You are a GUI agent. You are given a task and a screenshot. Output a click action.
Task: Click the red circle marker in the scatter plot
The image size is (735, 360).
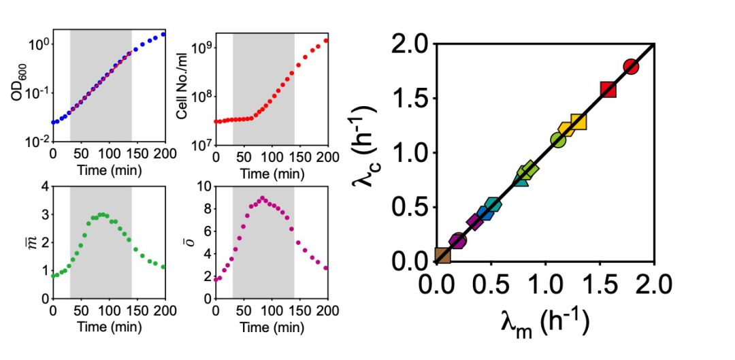tap(631, 66)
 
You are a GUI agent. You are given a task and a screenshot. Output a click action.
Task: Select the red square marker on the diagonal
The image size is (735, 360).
tap(608, 89)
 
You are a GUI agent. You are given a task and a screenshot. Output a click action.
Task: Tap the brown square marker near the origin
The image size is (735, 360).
tap(443, 255)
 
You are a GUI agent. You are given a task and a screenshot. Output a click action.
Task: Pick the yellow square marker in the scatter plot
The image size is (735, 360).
tap(578, 122)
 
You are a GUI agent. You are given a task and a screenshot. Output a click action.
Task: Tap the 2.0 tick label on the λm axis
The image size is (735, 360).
tap(654, 283)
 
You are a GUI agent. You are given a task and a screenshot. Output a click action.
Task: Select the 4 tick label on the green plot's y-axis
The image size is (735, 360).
tap(46, 186)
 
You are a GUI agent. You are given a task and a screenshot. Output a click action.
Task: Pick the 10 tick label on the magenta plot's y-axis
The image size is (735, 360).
tap(205, 186)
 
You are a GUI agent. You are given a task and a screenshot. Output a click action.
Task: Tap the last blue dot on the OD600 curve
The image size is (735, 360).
tap(164, 33)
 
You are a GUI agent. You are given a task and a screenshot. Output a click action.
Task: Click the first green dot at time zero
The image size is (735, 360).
tap(54, 276)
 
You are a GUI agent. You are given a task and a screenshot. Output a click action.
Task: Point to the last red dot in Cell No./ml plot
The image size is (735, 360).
tap(327, 40)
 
